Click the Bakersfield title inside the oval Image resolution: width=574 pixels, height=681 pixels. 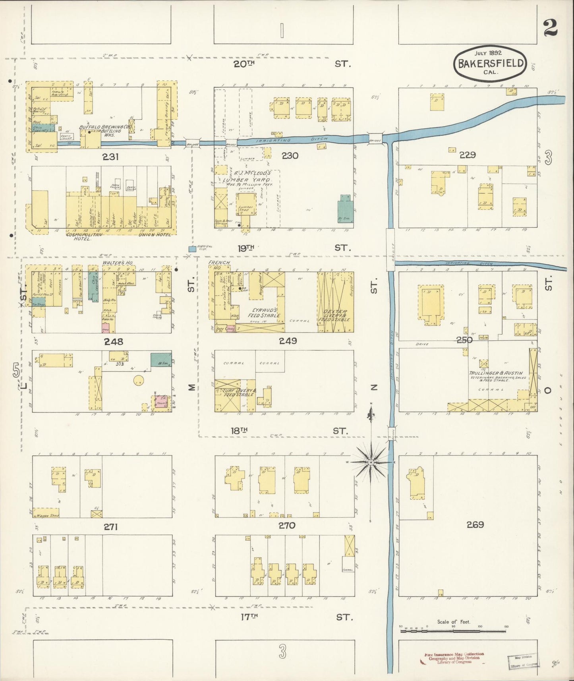pos(490,64)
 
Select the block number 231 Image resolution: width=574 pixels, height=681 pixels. pos(111,157)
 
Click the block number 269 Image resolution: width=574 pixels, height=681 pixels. pos(475,525)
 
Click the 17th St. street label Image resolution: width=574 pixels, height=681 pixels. pos(250,617)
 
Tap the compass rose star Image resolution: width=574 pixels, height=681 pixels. pos(371,462)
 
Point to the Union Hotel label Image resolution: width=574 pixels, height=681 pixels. pos(155,234)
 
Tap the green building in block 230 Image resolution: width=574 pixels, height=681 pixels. pos(345,209)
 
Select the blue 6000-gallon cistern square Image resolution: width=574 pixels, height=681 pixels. pos(192,249)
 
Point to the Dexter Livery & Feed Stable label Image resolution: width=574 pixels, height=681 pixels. pos(335,315)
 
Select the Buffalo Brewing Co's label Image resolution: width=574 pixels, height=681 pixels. pos(105,127)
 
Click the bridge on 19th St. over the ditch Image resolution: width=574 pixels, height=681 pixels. pos(390,250)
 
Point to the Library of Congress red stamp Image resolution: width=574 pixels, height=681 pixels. pos(454,658)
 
